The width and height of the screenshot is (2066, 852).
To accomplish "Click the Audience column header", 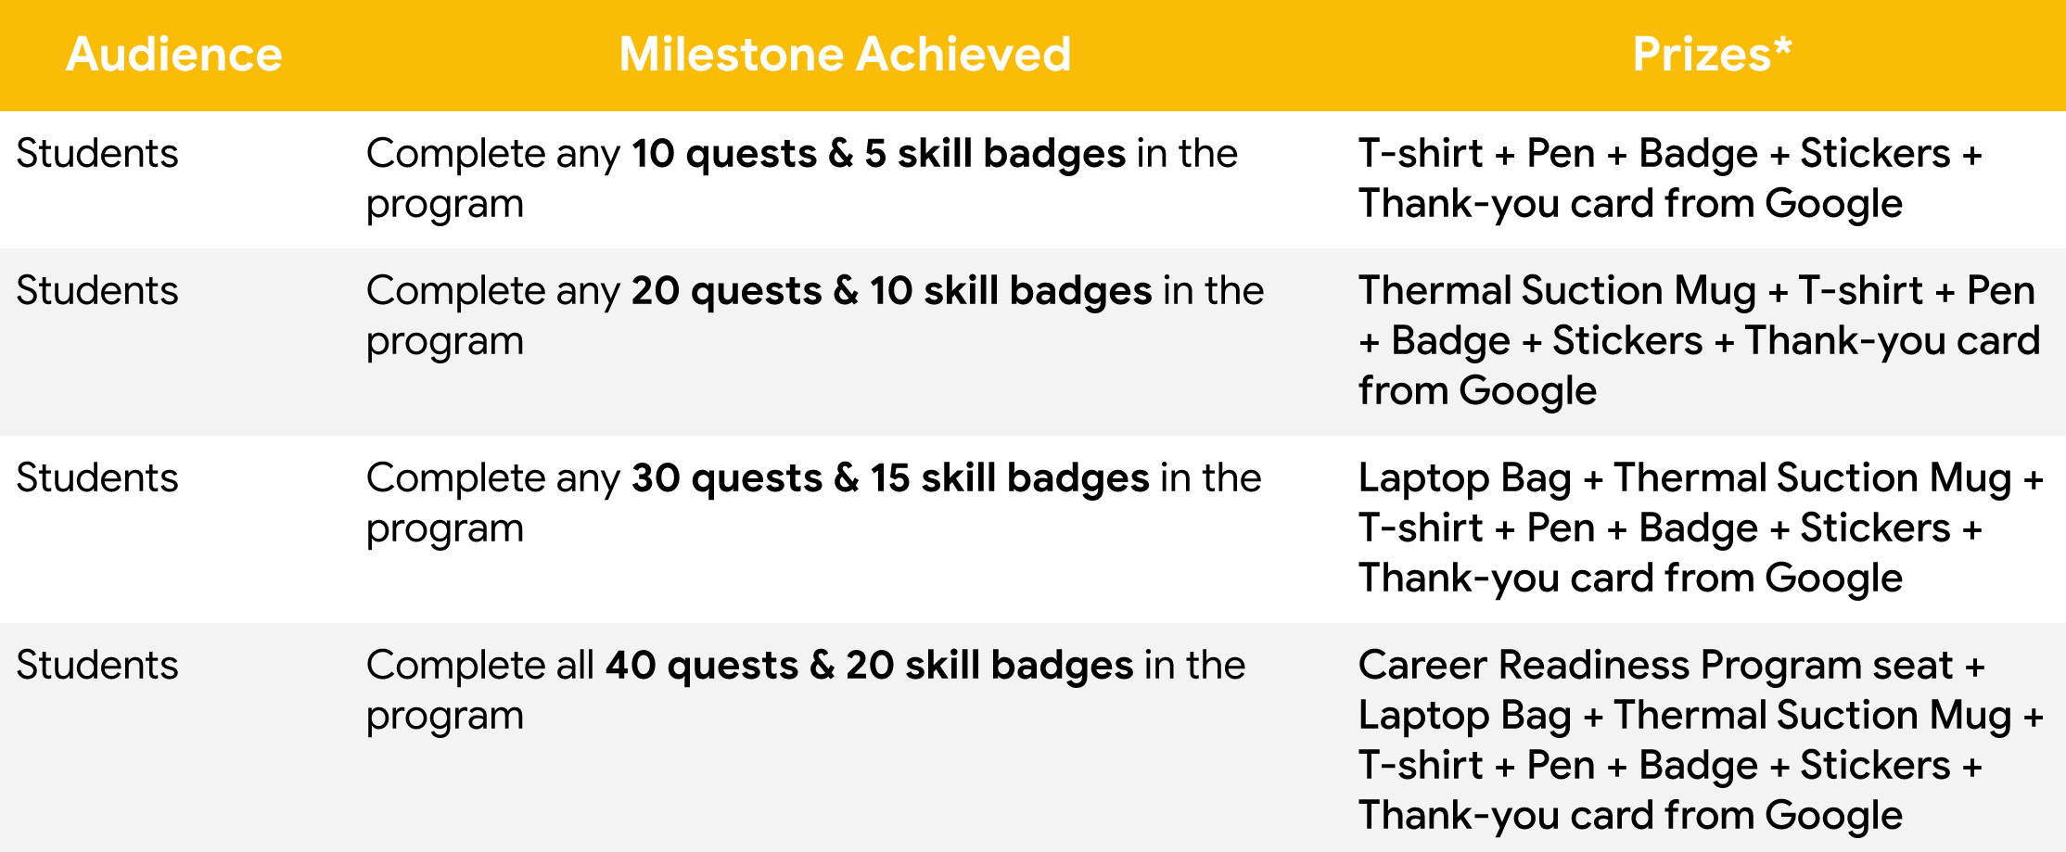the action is (174, 54).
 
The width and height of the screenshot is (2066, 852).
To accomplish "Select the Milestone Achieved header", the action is (845, 54).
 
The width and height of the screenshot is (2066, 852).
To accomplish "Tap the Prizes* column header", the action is (1712, 54).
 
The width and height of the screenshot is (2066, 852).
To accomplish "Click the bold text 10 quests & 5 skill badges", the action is (879, 154).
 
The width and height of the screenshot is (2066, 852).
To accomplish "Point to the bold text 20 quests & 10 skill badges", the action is (892, 291).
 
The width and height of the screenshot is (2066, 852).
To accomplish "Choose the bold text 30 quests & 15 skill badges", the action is (891, 478).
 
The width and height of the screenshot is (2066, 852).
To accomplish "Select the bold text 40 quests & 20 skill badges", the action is (870, 666).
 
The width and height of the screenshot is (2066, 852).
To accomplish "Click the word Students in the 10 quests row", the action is (97, 153).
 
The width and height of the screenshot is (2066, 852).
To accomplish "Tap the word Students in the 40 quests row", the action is (97, 665).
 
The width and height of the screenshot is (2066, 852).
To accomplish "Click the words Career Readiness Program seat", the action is (1656, 666).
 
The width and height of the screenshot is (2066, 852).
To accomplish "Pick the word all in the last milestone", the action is (575, 665).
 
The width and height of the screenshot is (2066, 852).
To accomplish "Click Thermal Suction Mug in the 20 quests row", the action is (1558, 291).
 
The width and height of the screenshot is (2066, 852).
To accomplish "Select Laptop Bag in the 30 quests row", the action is (1465, 478).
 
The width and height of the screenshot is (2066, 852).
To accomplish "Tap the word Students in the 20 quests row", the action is (97, 290).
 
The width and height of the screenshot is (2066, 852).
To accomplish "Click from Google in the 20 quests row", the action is (1478, 391).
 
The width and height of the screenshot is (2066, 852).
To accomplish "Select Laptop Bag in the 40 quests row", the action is (1465, 716).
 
